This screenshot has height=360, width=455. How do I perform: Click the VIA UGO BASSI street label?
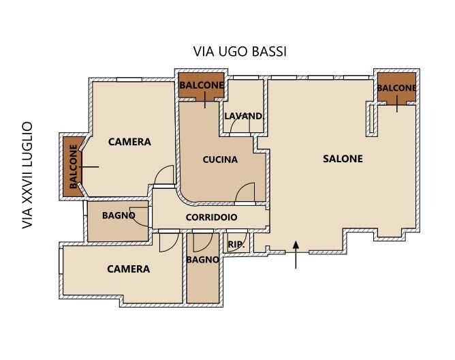click(x=240, y=51)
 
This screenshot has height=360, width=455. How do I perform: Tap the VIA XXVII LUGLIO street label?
click(x=27, y=175)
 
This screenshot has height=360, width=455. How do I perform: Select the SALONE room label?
click(x=343, y=159)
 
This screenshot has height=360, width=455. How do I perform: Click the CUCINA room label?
click(x=220, y=160)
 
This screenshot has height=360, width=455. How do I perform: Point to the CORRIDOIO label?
click(x=211, y=217)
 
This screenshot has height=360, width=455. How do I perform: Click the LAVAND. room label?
click(x=243, y=116)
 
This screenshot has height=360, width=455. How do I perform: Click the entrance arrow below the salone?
click(x=296, y=255)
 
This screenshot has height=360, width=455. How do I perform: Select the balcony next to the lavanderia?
click(x=202, y=85)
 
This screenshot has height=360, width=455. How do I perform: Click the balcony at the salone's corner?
click(x=396, y=87)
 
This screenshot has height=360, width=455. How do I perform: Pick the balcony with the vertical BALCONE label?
click(x=73, y=167)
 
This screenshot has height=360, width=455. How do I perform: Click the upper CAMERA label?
click(x=129, y=142)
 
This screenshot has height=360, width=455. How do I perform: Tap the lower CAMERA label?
click(x=128, y=269)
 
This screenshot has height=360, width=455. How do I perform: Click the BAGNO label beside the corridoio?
click(x=119, y=215)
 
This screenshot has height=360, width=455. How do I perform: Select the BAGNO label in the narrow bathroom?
click(x=202, y=260)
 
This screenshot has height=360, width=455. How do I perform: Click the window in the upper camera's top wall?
click(x=129, y=79)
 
